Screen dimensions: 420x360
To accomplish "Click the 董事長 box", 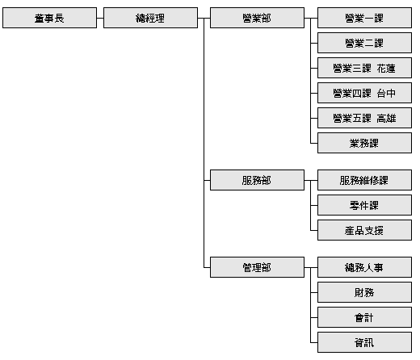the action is [49, 18].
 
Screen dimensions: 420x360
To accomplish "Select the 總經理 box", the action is [150, 18].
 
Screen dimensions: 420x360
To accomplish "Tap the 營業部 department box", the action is [257, 18].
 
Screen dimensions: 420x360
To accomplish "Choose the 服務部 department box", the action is [257, 180].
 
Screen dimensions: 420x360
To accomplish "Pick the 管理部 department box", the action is [257, 267].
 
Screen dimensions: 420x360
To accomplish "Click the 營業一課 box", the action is [364, 18].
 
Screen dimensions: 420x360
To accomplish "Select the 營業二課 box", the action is [364, 43].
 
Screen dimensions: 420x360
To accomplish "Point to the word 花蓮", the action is [386, 69].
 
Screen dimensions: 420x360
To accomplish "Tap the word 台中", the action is [386, 94].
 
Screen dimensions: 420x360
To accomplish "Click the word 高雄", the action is [386, 119].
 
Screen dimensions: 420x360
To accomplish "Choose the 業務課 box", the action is [364, 143].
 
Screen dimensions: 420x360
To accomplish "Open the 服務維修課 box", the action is [364, 180].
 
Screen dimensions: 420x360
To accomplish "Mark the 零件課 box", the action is [364, 205].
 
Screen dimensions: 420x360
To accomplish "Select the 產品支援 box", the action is [364, 230].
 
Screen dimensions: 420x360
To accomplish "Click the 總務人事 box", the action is [364, 267].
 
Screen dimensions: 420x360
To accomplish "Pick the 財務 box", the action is [364, 292].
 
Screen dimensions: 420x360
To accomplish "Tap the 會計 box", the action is [364, 317].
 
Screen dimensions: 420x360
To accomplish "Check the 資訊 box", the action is [364, 342].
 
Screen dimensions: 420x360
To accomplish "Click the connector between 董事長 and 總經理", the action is [100, 18].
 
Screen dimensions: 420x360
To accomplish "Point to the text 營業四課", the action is [352, 94].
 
